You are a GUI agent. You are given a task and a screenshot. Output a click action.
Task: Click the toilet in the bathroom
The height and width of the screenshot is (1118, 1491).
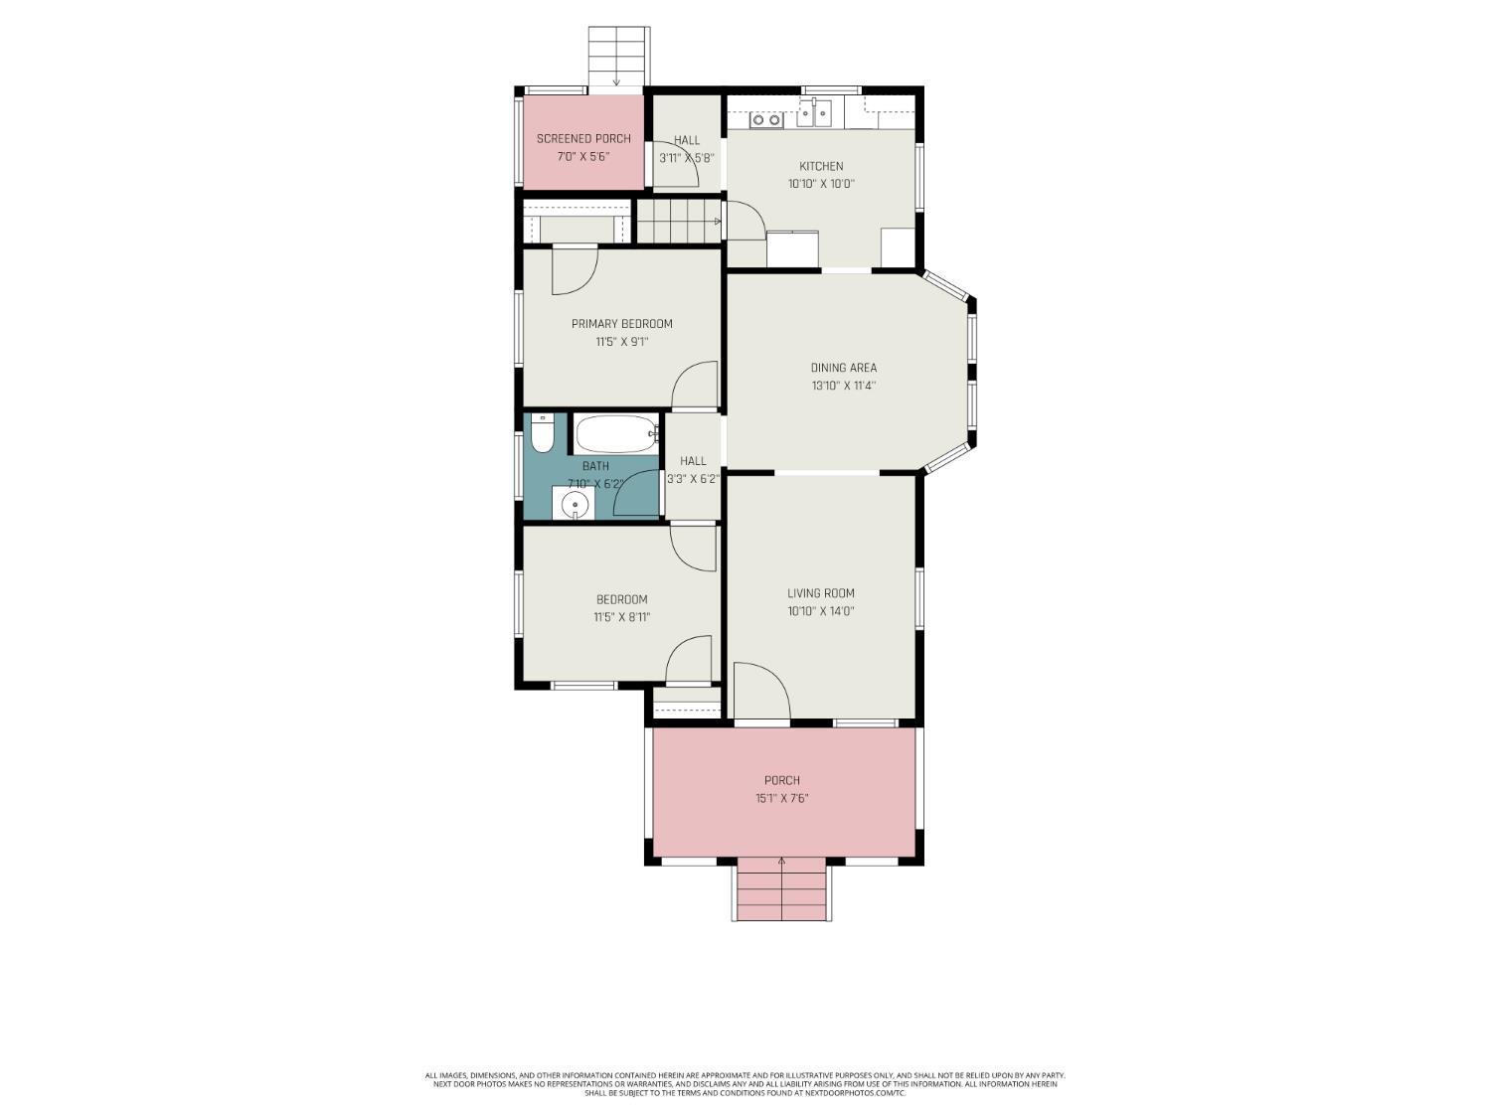tap(542, 433)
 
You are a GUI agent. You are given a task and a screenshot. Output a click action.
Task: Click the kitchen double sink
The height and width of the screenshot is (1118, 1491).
tap(821, 114)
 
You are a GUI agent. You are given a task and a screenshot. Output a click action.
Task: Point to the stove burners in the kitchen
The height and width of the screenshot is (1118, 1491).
tap(766, 119)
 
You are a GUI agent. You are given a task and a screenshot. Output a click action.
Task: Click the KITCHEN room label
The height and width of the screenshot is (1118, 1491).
tap(821, 166)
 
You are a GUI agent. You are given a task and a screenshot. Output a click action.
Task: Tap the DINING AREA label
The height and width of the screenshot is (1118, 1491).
tap(843, 368)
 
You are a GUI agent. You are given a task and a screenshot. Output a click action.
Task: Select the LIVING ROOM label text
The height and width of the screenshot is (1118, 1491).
tap(821, 593)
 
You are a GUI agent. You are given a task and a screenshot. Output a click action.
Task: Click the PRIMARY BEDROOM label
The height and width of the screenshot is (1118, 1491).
tap(621, 324)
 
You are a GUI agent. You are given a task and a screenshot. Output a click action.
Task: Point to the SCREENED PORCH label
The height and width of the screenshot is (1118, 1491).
tap(583, 139)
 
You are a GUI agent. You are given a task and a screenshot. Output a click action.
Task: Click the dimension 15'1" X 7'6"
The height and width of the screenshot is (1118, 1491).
tap(781, 798)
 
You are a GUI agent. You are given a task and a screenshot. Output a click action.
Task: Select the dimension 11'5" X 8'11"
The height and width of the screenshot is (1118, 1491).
tap(621, 617)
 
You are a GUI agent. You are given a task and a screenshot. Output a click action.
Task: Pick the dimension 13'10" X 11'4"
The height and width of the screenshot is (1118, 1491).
tap(843, 386)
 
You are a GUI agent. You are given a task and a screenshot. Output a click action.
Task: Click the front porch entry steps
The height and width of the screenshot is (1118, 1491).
tap(782, 892)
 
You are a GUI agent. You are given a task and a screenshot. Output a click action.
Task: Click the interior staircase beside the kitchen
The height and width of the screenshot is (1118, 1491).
tap(678, 221)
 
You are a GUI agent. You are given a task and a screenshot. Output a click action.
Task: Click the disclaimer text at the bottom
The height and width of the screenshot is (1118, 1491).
tap(745, 1083)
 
